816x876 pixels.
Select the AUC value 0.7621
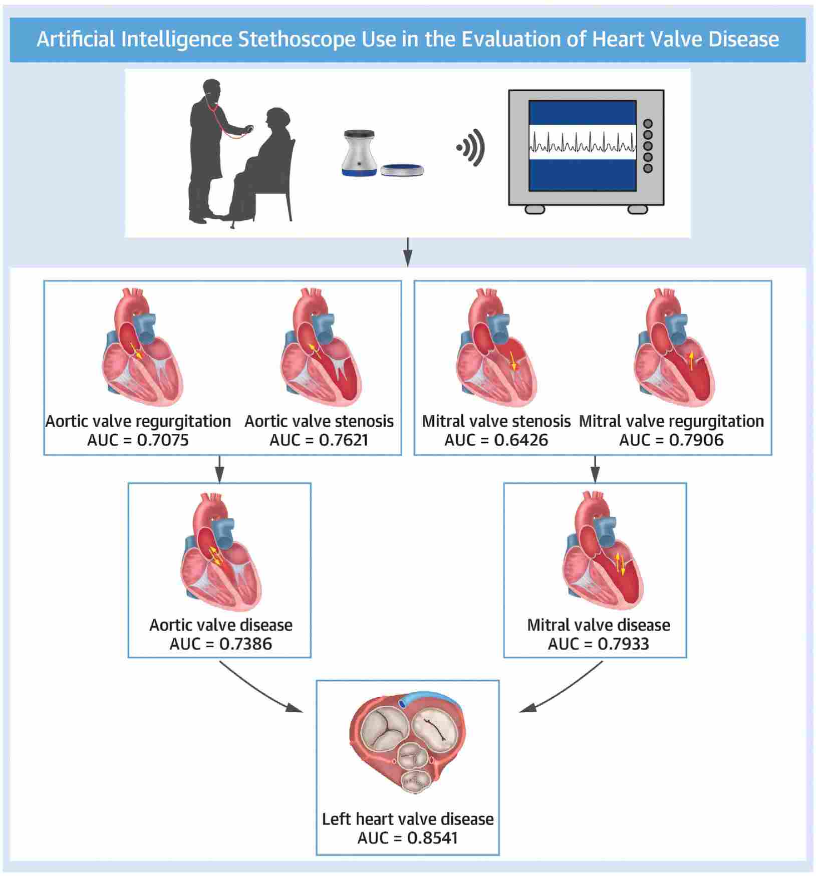[344, 440]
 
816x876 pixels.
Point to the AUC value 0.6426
[521, 440]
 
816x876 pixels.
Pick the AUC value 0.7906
[696, 440]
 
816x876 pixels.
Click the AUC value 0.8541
[433, 838]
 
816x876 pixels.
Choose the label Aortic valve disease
[221, 625]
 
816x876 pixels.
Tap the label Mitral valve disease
[599, 625]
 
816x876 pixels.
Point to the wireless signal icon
[472, 148]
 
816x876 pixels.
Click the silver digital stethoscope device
[359, 153]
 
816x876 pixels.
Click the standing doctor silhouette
[210, 150]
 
